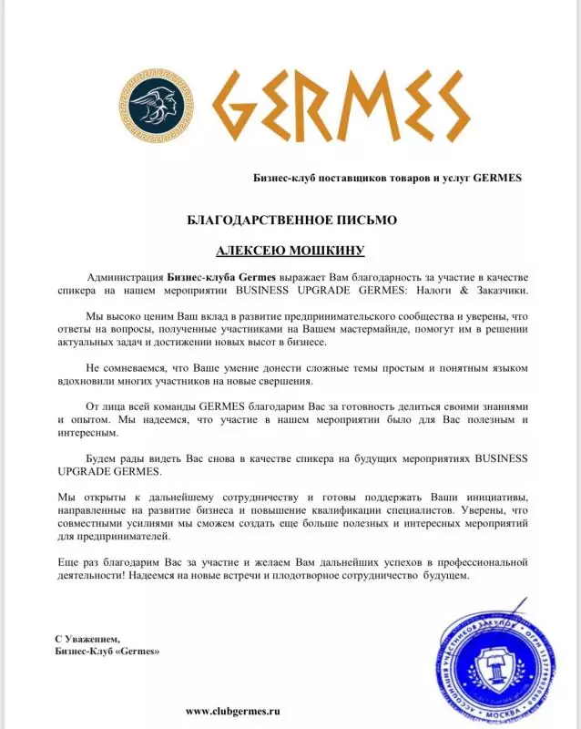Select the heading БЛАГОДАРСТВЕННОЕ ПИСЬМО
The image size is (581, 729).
pos(290,220)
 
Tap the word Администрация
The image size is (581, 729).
pos(126,275)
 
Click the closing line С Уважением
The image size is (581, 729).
pos(87,639)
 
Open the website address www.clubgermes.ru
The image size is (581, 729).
pos(232,710)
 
